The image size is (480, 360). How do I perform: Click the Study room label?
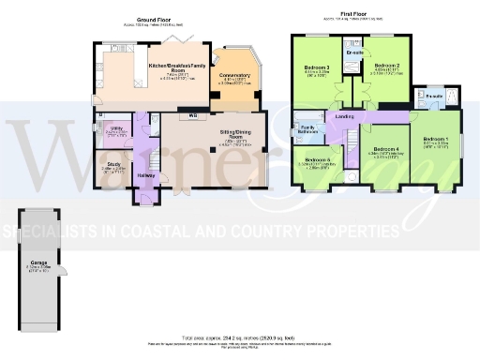pyautogui.click(x=112, y=163)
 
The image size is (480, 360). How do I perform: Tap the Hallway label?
pyautogui.click(x=146, y=174)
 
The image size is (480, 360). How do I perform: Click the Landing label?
pyautogui.click(x=344, y=116)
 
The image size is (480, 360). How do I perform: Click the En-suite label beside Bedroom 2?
pyautogui.click(x=354, y=53)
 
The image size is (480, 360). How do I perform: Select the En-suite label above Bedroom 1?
pyautogui.click(x=435, y=96)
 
